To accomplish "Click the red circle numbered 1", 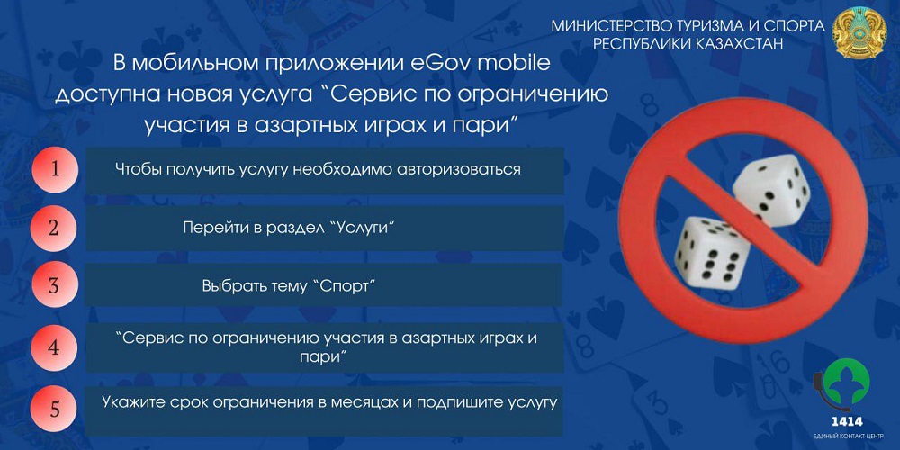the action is [55, 169].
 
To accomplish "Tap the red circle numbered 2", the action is [53, 228].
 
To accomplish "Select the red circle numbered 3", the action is [53, 284].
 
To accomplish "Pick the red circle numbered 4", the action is [54, 347].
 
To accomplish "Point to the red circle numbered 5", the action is [55, 409].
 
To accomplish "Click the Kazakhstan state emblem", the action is [859, 32].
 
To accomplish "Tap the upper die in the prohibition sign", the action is [771, 190].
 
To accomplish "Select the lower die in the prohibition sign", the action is [712, 253].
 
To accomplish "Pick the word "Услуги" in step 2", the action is [355, 228].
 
